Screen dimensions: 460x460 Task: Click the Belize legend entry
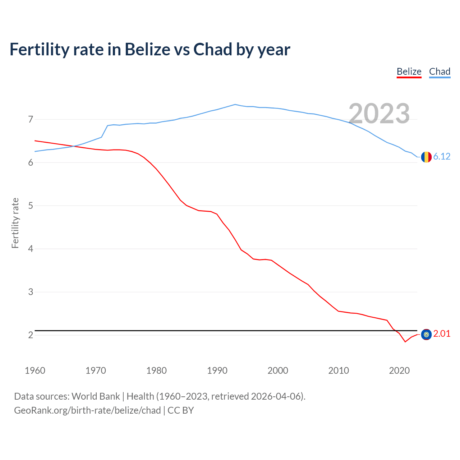[x=409, y=72]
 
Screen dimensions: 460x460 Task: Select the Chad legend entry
[x=440, y=72]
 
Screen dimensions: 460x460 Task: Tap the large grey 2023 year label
[x=379, y=114]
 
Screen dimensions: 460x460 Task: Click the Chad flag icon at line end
[x=426, y=157]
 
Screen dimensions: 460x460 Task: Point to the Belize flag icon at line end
[x=426, y=335]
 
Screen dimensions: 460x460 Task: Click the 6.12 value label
[x=442, y=156]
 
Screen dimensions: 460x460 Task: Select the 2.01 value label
[x=442, y=334]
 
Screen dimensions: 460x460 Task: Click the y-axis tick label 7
[x=30, y=119]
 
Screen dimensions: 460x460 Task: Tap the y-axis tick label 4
[x=30, y=249]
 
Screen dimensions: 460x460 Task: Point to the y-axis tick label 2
[x=30, y=335]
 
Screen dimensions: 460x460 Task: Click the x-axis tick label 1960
[x=35, y=371]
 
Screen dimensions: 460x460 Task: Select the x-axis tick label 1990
[x=217, y=371]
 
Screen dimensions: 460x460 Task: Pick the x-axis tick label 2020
[x=399, y=371]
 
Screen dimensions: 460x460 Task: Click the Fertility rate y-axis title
[x=15, y=223]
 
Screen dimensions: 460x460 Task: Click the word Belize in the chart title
[x=147, y=50]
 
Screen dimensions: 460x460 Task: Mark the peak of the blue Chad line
[x=235, y=105]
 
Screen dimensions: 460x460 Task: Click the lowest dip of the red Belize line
[x=405, y=342]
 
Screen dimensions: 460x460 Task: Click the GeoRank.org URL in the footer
[x=87, y=410]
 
